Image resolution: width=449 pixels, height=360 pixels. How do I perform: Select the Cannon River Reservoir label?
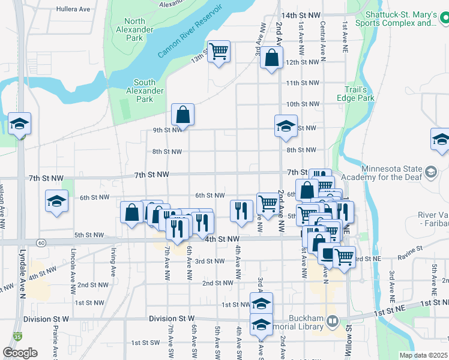click(x=190, y=32)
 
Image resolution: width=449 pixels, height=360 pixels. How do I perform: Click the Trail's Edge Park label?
click(x=360, y=94)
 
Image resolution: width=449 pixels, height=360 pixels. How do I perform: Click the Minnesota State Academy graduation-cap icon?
click(x=430, y=173)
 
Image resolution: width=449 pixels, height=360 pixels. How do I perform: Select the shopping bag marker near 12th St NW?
click(x=272, y=58)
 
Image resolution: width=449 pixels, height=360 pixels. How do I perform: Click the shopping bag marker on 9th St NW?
click(x=182, y=114)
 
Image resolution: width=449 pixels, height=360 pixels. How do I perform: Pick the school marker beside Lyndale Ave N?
click(x=19, y=124)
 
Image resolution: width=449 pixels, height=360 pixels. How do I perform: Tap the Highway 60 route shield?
click(x=40, y=242)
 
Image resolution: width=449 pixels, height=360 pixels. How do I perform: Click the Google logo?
click(x=20, y=352)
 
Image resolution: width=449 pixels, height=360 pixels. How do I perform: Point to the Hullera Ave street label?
click(x=73, y=10)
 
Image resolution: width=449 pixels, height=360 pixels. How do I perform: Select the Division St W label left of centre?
click(x=47, y=319)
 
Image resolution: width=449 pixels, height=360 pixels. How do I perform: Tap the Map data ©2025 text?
click(x=424, y=355)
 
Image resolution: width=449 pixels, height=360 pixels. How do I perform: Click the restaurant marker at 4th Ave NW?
click(x=241, y=211)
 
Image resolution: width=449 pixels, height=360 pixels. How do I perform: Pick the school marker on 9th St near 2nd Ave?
click(x=286, y=126)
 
